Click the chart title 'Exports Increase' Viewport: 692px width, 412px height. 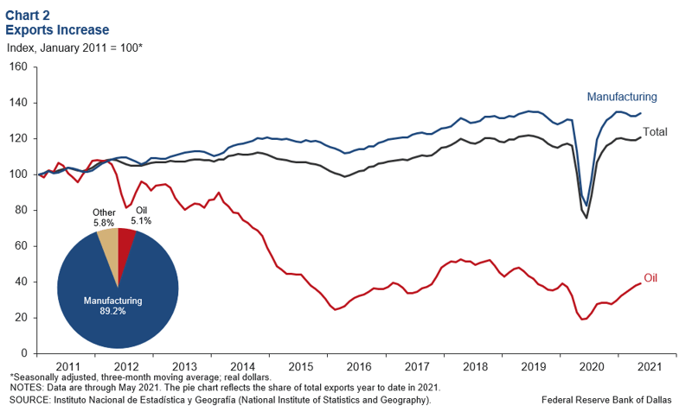[x=57, y=30]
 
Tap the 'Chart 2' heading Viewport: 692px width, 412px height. [x=28, y=16]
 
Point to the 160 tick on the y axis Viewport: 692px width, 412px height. [x=18, y=67]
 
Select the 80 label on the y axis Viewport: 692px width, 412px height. [x=21, y=210]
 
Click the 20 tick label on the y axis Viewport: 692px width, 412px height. [x=21, y=318]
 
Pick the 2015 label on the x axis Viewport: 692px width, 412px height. [x=301, y=366]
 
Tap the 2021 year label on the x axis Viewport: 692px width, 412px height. [x=650, y=366]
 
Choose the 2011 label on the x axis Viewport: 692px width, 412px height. [x=68, y=366]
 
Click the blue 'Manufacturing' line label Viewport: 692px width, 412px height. [x=622, y=97]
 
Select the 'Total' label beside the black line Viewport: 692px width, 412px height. [x=655, y=132]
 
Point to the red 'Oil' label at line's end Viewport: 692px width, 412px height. [x=650, y=278]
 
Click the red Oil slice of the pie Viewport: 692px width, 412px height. [x=125, y=247]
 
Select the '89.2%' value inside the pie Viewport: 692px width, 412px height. [x=113, y=311]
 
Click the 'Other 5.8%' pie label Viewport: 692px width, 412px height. [x=104, y=218]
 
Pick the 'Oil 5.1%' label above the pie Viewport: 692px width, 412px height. [x=141, y=215]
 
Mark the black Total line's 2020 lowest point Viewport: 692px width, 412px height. [x=586, y=219]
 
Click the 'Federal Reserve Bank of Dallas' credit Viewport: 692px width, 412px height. [x=606, y=400]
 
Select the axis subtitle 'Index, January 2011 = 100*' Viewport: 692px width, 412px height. [x=74, y=48]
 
